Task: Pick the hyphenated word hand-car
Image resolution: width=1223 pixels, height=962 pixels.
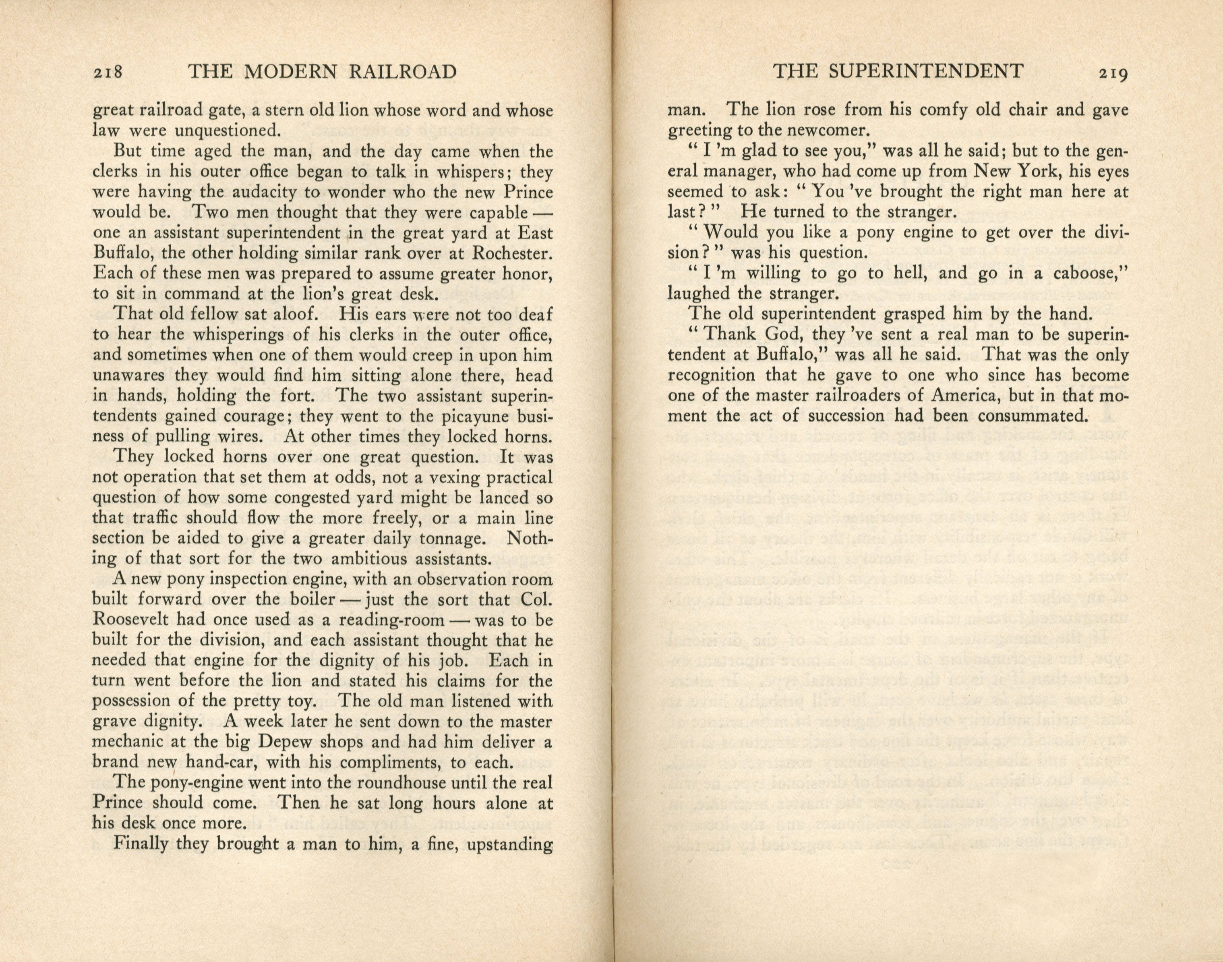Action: (x=219, y=763)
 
